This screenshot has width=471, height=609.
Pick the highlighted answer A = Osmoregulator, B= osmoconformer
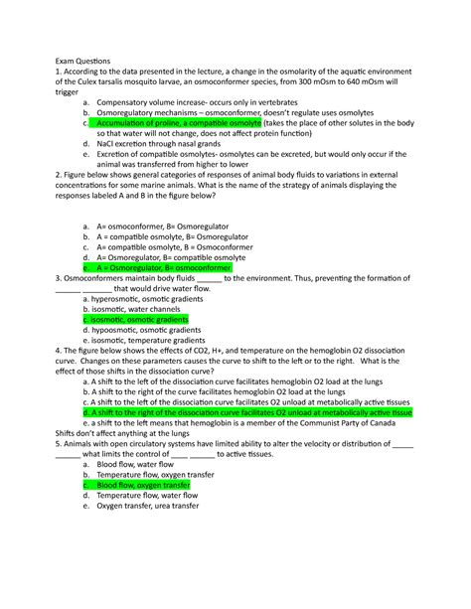pos(164,268)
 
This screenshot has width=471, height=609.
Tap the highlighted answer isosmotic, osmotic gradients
pos(139,321)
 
